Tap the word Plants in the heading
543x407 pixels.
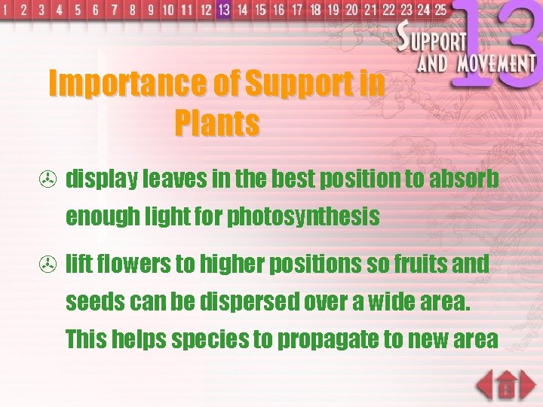[x=217, y=123]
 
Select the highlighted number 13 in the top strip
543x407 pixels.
[x=223, y=10]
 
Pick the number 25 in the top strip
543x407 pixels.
[x=440, y=10]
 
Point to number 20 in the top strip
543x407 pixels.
[x=351, y=10]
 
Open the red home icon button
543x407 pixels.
[x=507, y=386]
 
